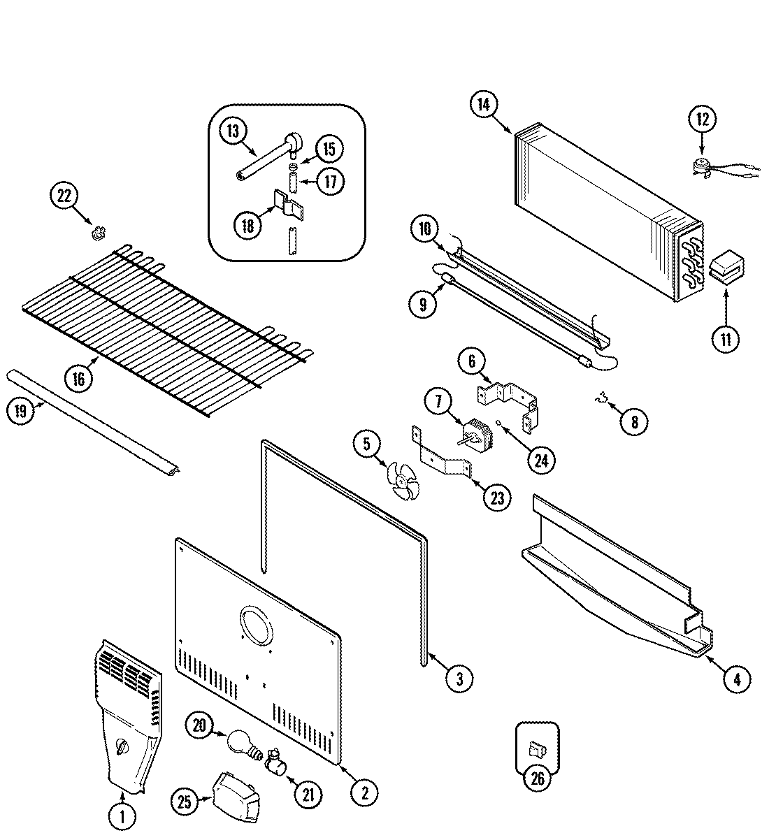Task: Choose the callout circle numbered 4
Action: tap(738, 678)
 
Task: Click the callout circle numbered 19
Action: tap(20, 411)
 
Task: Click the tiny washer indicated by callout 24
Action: tap(497, 421)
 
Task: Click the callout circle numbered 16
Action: tap(78, 378)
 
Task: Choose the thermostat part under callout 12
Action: tap(699, 166)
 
